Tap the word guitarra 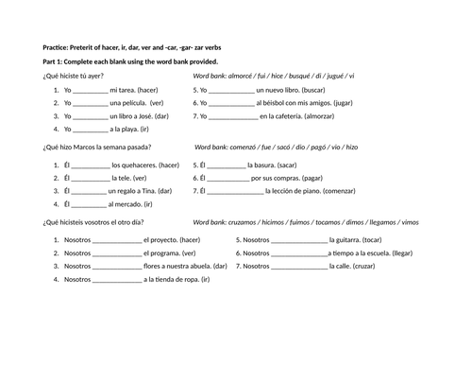346,240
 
